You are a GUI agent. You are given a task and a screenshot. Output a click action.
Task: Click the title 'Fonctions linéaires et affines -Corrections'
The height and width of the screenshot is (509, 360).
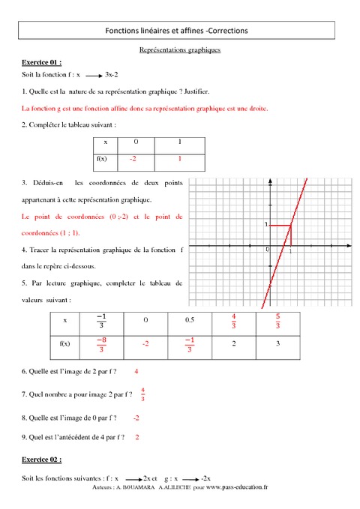pyautogui.click(x=178, y=30)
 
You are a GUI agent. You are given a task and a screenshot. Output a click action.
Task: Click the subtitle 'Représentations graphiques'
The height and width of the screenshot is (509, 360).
pyautogui.click(x=180, y=49)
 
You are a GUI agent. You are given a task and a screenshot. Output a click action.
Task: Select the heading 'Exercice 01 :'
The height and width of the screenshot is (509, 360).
pyautogui.click(x=42, y=63)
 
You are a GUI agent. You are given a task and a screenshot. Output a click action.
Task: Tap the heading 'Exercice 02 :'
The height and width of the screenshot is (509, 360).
pyautogui.click(x=42, y=459)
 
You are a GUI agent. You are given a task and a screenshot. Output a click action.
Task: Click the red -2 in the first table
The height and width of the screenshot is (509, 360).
pyautogui.click(x=133, y=159)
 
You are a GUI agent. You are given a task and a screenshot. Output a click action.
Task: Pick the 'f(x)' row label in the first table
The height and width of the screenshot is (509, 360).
pyautogui.click(x=103, y=159)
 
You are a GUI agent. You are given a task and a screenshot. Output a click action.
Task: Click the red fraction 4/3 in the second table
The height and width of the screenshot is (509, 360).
pyautogui.click(x=234, y=321)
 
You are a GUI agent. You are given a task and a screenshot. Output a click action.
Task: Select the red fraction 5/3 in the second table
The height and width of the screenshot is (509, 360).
pyautogui.click(x=277, y=321)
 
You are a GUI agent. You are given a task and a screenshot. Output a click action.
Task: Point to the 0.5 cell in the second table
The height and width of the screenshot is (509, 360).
pyautogui.click(x=190, y=321)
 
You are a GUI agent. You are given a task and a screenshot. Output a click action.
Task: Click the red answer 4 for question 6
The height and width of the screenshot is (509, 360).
pyautogui.click(x=136, y=371)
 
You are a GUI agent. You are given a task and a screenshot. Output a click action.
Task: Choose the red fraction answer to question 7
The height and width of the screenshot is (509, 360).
pyautogui.click(x=142, y=394)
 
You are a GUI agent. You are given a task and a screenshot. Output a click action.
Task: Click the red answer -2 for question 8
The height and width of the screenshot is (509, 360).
pyautogui.click(x=136, y=418)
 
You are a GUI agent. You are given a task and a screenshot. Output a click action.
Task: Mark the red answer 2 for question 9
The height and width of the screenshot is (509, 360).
pyautogui.click(x=137, y=437)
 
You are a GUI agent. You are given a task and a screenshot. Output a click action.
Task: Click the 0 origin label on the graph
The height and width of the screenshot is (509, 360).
pyautogui.click(x=268, y=250)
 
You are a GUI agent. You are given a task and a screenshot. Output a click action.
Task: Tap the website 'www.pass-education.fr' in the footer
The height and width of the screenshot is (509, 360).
pyautogui.click(x=236, y=487)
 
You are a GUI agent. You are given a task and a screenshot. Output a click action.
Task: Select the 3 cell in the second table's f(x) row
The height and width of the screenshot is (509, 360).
pyautogui.click(x=277, y=344)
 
